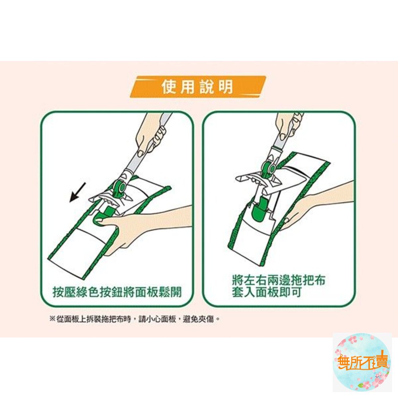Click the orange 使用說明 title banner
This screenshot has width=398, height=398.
(x=198, y=87)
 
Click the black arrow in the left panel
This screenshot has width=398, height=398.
(x=78, y=192)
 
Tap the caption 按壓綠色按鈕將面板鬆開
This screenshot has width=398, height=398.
(x=117, y=293)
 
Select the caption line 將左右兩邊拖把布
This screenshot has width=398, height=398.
(x=279, y=280)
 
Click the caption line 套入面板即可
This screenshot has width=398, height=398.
(x=267, y=293)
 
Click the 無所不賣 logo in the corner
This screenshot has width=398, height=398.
(x=362, y=362)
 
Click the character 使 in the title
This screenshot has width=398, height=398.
(x=168, y=87)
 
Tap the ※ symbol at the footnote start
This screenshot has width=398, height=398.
(x=52, y=319)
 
